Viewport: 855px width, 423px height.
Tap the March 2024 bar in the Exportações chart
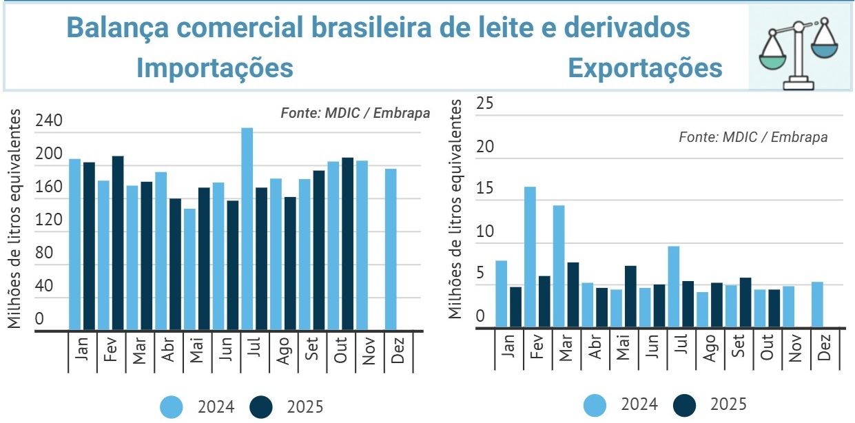(x=559, y=266)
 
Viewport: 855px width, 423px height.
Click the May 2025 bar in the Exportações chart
(x=630, y=296)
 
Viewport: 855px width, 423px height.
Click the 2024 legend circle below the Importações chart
(x=172, y=407)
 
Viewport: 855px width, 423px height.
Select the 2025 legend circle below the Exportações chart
(x=686, y=404)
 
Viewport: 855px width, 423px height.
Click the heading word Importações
(x=215, y=68)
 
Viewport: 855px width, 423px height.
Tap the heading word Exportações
(x=645, y=68)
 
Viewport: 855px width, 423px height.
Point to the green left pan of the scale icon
(x=772, y=59)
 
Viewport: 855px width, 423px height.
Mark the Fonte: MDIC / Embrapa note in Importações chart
(x=355, y=113)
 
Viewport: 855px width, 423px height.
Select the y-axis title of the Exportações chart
(x=455, y=209)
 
